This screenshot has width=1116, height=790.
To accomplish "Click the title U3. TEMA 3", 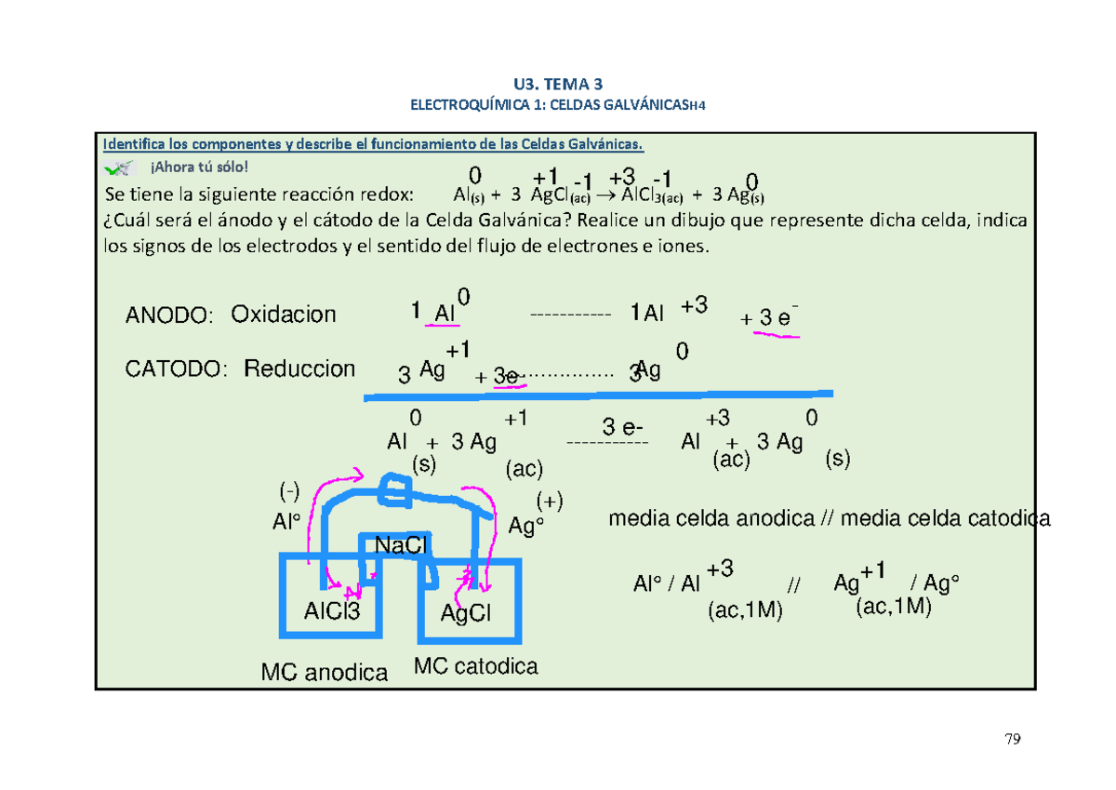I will tap(557, 84).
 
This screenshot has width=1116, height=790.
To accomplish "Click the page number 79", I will tap(1013, 741).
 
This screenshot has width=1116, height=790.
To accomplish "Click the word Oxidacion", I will tap(284, 315).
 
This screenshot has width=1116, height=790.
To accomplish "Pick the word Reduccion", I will tap(299, 369).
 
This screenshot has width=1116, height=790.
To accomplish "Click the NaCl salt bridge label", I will tap(400, 545).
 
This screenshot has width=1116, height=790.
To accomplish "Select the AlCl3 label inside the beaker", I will tap(331, 611).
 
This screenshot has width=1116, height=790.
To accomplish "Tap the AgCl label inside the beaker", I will tap(466, 614).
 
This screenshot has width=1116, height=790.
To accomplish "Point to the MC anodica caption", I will tap(324, 672).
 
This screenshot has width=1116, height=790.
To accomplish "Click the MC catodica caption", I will tap(476, 666).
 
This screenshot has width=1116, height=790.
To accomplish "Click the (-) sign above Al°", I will tap(290, 489).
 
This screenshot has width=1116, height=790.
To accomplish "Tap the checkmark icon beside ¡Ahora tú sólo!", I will tap(121, 167).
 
